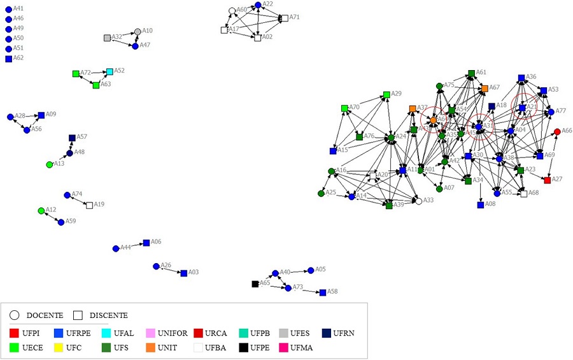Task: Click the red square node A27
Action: [548, 180]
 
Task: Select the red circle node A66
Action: [558, 131]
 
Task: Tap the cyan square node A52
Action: [110, 71]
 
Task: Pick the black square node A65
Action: [255, 284]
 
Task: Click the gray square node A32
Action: [107, 38]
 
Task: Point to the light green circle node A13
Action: [49, 164]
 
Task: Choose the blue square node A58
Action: [323, 292]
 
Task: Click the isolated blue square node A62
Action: [8, 59]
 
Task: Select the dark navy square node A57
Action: [72, 138]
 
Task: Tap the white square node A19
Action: [89, 205]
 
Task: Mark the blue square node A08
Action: [480, 205]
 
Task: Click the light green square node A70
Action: [344, 108]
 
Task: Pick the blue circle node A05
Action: [311, 270]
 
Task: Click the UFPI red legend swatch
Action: [14, 333]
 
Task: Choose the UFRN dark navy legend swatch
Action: [326, 333]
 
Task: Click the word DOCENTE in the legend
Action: [45, 315]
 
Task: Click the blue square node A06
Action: [146, 243]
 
